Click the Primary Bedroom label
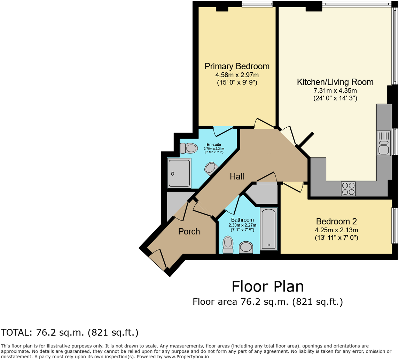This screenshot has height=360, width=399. click(237, 66)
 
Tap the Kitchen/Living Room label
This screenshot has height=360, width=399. click(335, 82)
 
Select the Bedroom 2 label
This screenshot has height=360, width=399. click(336, 221)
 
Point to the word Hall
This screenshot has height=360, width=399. click(237, 177)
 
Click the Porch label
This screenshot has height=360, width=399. click(189, 231)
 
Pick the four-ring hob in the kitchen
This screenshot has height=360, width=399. click(348, 189)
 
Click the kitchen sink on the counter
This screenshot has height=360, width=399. click(384, 143)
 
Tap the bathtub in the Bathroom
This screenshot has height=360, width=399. click(268, 229)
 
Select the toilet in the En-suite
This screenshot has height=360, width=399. click(188, 149)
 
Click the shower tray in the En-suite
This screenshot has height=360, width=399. click(179, 173)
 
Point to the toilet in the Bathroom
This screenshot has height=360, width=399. click(228, 244)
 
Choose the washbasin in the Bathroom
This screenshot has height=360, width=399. click(246, 247)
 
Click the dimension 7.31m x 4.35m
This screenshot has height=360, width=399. click(335, 91)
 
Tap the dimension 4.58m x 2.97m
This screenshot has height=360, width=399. click(237, 75)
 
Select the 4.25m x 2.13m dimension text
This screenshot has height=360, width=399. click(336, 230)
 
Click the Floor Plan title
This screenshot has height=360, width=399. click(268, 286)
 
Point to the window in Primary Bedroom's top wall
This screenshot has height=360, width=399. click(257, 4)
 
